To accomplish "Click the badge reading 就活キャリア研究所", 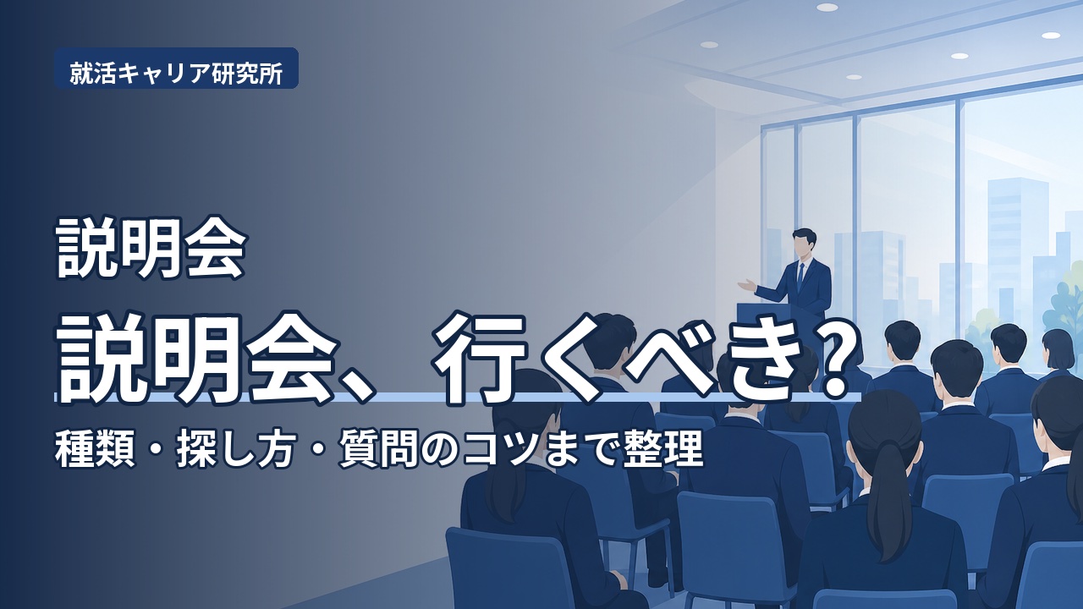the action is [176, 69].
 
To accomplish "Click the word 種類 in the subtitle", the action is [95, 450].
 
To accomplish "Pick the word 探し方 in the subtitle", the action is [236, 450].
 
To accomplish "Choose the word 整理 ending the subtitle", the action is [662, 450].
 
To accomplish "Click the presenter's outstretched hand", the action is [749, 286].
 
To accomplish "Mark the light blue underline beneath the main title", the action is [458, 398].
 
